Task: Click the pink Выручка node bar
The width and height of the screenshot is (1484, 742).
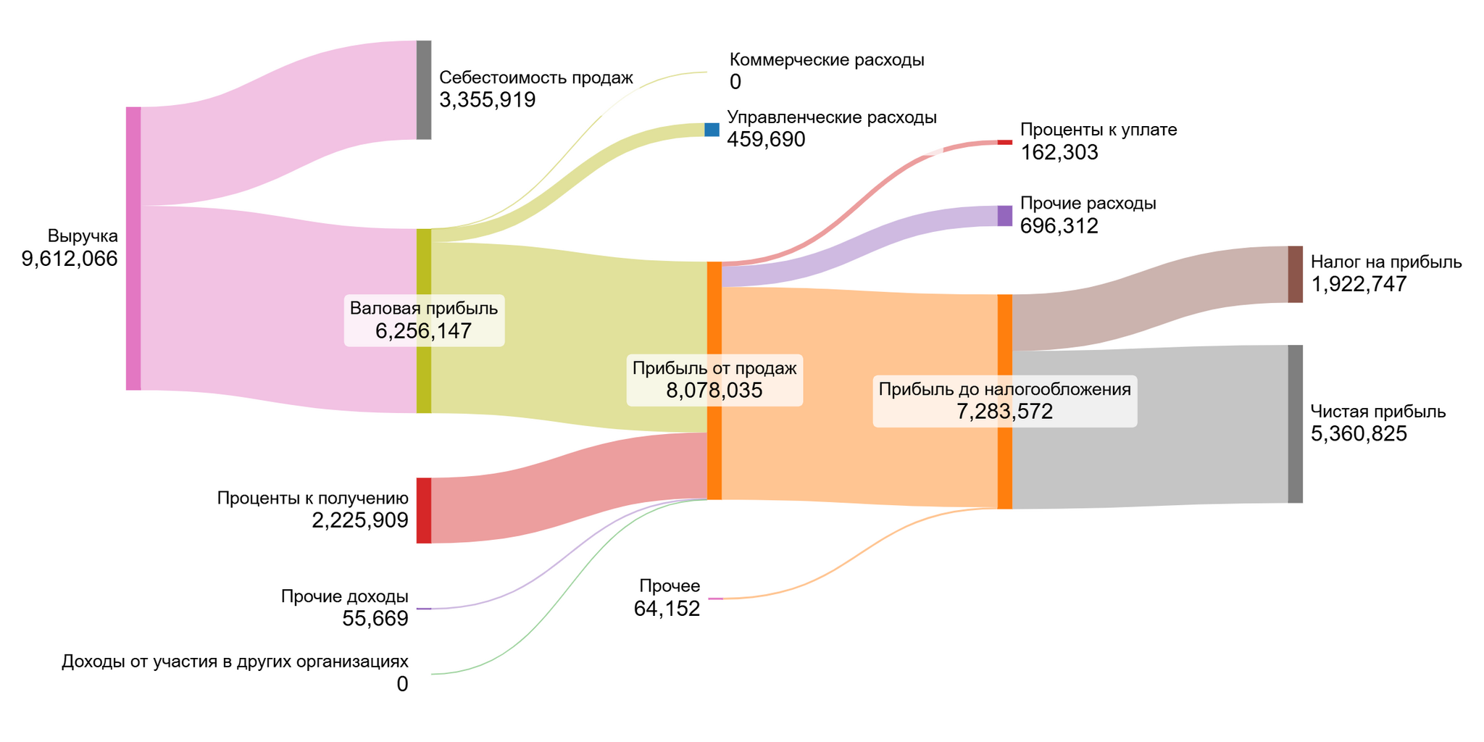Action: point(133,249)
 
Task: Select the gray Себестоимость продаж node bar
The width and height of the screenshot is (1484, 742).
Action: point(424,90)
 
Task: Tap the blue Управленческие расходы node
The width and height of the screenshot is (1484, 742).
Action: point(712,130)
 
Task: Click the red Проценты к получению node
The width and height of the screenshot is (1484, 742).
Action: point(424,510)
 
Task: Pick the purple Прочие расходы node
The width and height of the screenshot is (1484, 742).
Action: point(1005,215)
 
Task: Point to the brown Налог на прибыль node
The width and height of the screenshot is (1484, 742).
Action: point(1295,274)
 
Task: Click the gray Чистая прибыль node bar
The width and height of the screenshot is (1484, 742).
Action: point(1295,424)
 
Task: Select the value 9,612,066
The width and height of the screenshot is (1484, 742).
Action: point(70,259)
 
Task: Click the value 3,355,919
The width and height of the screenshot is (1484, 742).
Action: point(488,100)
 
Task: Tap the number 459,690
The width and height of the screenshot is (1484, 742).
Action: point(767,139)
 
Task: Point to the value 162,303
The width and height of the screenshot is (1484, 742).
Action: point(1059,152)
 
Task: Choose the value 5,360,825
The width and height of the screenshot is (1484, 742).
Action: point(1359,434)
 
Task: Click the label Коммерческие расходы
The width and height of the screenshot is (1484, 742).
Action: point(827,59)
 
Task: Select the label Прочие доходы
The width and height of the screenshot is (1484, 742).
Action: point(345,596)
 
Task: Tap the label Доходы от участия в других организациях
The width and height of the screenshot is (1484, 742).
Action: point(235,661)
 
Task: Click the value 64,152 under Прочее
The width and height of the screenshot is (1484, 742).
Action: point(667,609)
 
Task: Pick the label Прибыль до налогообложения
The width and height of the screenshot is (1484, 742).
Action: point(1004,389)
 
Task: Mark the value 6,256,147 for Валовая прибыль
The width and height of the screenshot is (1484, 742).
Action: point(424,331)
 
